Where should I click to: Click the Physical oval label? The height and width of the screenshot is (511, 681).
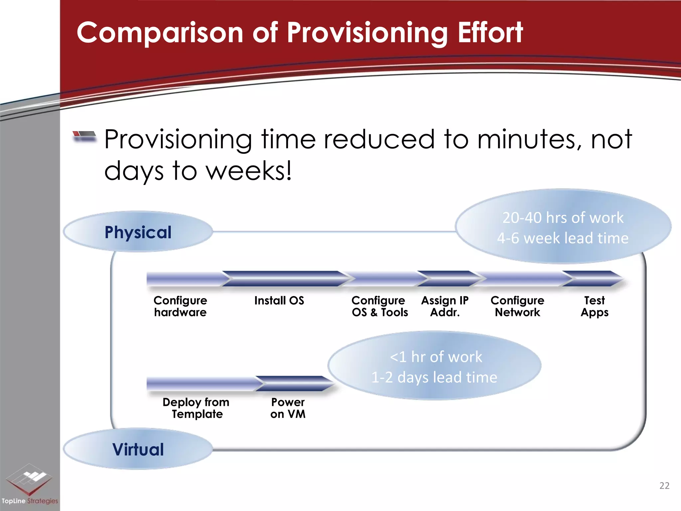point(138,232)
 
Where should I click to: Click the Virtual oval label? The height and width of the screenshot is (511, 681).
point(138,449)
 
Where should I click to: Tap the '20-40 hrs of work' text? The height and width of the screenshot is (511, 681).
point(563,218)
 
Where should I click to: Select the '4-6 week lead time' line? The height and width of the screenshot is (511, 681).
point(563,238)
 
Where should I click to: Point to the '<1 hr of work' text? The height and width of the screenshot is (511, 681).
point(436,357)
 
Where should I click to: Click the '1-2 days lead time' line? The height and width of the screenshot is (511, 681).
point(434,377)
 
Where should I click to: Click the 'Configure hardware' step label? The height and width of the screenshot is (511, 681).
point(180,306)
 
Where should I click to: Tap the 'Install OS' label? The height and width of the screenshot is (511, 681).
point(279,300)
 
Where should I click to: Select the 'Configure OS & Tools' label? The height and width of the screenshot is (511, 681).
point(379,306)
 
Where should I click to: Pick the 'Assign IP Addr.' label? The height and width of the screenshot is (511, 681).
point(445,306)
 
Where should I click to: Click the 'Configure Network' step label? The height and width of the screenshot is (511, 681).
point(517,306)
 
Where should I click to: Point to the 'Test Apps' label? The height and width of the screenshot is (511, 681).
point(595,306)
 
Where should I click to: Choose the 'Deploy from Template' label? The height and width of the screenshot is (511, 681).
point(196,408)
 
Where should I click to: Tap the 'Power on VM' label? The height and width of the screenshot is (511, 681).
point(288,408)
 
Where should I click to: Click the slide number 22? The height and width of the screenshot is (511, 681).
point(664,486)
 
